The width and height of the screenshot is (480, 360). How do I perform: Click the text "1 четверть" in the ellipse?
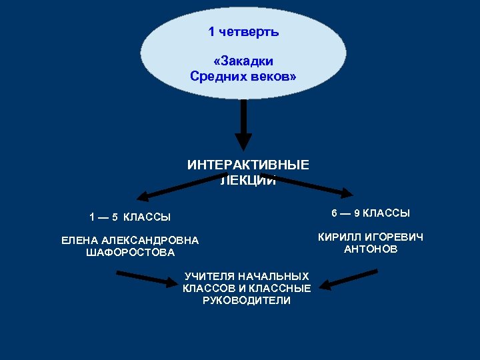[243, 32]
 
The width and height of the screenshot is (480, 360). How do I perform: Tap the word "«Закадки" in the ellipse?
[243, 61]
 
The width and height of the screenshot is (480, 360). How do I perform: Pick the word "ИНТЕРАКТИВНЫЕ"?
[248, 165]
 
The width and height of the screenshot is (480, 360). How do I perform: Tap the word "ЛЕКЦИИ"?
[248, 179]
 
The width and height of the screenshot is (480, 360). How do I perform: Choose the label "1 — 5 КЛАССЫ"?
[131, 217]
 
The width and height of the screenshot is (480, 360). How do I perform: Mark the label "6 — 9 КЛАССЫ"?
[371, 213]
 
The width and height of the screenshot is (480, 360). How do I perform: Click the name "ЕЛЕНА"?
[79, 240]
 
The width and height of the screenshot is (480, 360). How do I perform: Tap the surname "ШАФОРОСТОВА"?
[131, 253]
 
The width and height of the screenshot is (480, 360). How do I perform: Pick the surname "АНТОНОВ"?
[371, 249]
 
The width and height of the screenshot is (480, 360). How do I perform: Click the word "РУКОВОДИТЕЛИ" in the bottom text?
[246, 301]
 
